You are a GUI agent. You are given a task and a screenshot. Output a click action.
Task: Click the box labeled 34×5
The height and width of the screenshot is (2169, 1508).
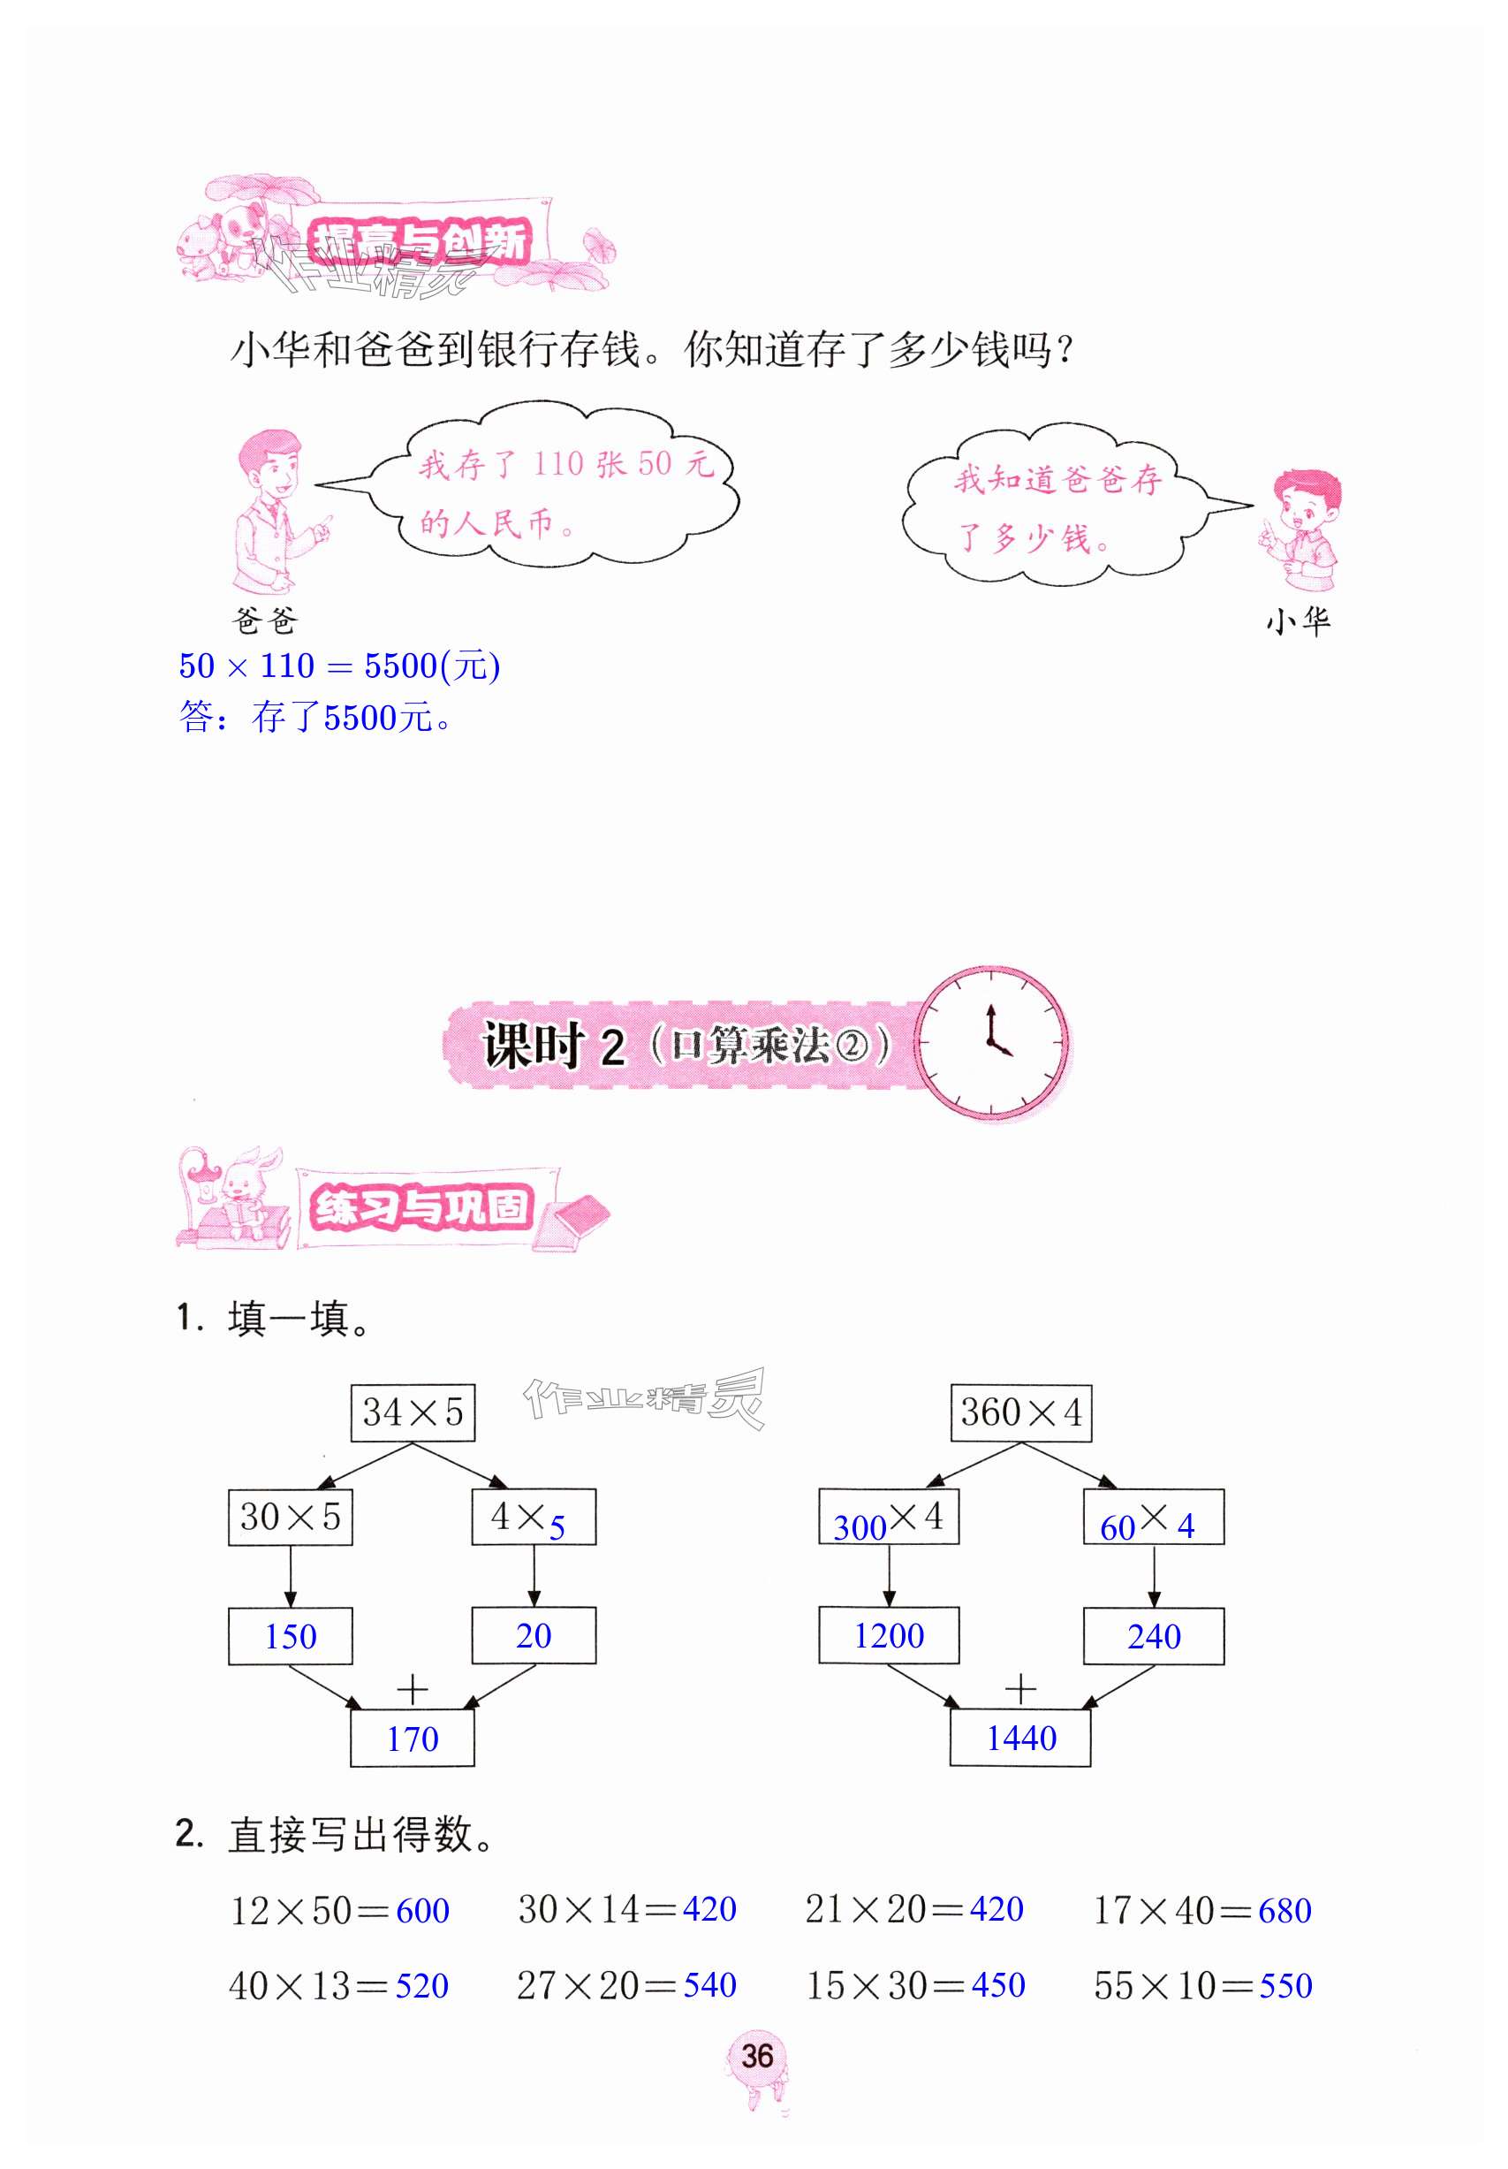(412, 1412)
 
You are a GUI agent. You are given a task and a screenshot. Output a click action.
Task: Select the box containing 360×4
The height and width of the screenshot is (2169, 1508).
(1019, 1412)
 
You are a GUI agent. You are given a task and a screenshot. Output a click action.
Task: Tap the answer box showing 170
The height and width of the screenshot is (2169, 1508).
(412, 1739)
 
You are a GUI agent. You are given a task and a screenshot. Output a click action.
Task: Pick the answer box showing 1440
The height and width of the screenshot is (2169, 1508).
(1019, 1739)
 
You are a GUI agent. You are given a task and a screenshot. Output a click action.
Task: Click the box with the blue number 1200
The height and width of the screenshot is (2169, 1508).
(888, 1635)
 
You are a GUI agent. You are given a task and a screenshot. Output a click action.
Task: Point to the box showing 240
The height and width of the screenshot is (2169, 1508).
(1153, 1635)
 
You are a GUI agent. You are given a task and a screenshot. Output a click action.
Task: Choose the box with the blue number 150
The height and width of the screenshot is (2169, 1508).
(290, 1635)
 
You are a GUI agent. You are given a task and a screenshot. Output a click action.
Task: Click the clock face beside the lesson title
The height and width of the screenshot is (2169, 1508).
(990, 1042)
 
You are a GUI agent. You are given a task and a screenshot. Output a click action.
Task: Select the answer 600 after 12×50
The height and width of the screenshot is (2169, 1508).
(422, 1910)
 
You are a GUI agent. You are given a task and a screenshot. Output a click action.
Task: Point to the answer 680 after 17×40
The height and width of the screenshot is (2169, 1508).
(1284, 1910)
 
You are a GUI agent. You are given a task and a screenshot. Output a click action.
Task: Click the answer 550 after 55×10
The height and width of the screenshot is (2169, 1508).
(1285, 1985)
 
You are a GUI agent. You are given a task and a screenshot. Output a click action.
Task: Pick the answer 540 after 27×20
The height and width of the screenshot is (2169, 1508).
(709, 1985)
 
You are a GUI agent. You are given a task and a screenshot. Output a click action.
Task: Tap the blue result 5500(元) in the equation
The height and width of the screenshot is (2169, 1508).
(431, 666)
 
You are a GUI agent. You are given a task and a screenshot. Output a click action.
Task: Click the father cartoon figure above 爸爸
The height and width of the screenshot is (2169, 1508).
(274, 510)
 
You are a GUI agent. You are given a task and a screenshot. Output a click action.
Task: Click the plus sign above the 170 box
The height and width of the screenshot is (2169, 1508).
(412, 1688)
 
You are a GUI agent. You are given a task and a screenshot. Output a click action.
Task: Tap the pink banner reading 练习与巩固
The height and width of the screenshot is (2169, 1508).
(421, 1207)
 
